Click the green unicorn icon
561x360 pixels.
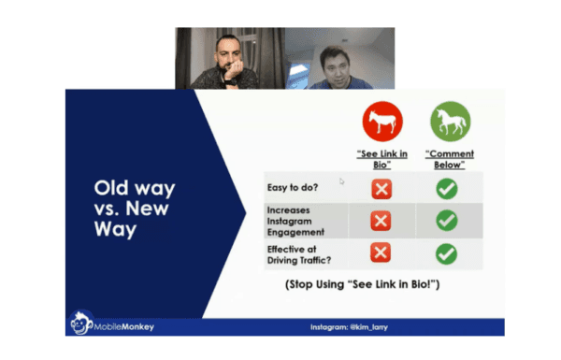point(451,122)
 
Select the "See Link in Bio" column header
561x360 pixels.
point(381,159)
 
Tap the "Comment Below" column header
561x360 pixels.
point(451,159)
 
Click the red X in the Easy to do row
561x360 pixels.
point(381,189)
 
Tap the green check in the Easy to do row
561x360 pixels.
point(448,189)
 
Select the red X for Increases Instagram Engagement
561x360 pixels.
point(381,222)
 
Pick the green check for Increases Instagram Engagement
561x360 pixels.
point(448,222)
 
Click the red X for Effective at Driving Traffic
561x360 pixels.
point(381,253)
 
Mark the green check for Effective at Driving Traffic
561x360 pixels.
point(448,253)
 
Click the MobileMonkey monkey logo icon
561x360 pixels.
point(79,324)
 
